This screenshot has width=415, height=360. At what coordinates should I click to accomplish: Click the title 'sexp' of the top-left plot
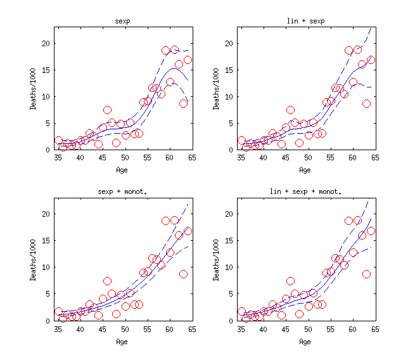(122, 22)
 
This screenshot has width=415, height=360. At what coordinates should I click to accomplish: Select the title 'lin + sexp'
(305, 22)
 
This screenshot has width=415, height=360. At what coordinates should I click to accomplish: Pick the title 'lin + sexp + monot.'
(305, 192)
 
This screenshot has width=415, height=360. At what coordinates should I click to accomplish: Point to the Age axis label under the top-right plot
(305, 170)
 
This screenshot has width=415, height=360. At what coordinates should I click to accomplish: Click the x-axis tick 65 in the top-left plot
(191, 158)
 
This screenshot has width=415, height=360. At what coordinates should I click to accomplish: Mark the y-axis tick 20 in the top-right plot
(231, 43)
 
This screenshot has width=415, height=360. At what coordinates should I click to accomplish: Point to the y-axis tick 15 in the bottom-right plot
(231, 240)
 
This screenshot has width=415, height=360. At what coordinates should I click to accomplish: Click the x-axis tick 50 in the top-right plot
(308, 158)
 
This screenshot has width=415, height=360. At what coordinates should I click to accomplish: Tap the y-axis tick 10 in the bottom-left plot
(48, 267)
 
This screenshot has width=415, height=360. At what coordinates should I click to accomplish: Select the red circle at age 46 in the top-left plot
(108, 110)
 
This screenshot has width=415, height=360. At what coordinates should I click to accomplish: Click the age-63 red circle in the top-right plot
(366, 103)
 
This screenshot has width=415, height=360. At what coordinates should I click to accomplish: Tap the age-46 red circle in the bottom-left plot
(108, 281)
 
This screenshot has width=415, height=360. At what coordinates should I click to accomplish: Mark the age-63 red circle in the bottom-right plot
(366, 274)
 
